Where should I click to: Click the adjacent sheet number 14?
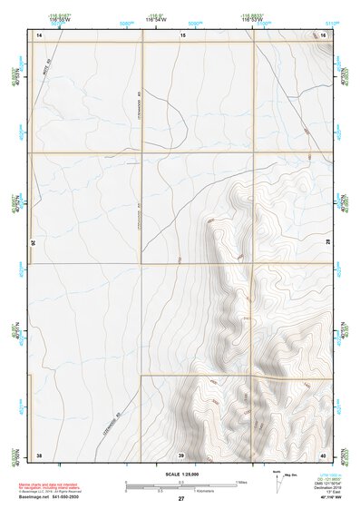[x=39, y=34]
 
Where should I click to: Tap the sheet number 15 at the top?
[x=181, y=34]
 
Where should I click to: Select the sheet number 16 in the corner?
[x=323, y=34]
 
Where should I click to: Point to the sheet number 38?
[x=39, y=454]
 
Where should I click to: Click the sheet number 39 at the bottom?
[x=181, y=454]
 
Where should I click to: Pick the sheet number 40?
[x=323, y=454]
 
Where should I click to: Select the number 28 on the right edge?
[x=328, y=243]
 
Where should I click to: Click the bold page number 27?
[x=181, y=500]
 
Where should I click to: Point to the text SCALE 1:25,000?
[x=181, y=474]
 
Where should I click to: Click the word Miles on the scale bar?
[x=242, y=481]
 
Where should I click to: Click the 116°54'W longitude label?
[x=185, y=18]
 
